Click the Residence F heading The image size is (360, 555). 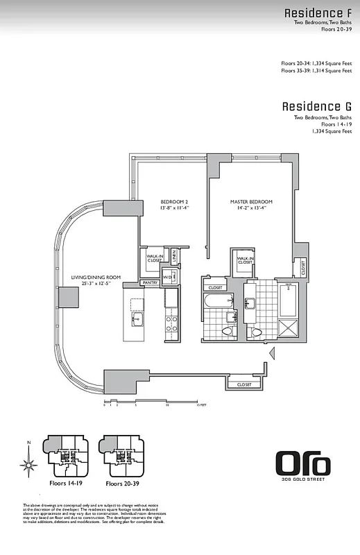pos(318,13)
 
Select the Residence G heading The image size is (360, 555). pos(316,107)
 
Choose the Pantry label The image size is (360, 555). pos(150,282)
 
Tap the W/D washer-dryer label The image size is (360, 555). pos(166,277)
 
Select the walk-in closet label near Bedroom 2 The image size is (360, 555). pos(154,258)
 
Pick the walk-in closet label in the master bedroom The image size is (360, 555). pos(245,260)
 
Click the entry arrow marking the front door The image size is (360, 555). pos(273,352)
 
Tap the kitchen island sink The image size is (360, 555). pos(137,320)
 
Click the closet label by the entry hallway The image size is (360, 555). pos(244,384)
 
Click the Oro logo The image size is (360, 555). pos(302,463)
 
